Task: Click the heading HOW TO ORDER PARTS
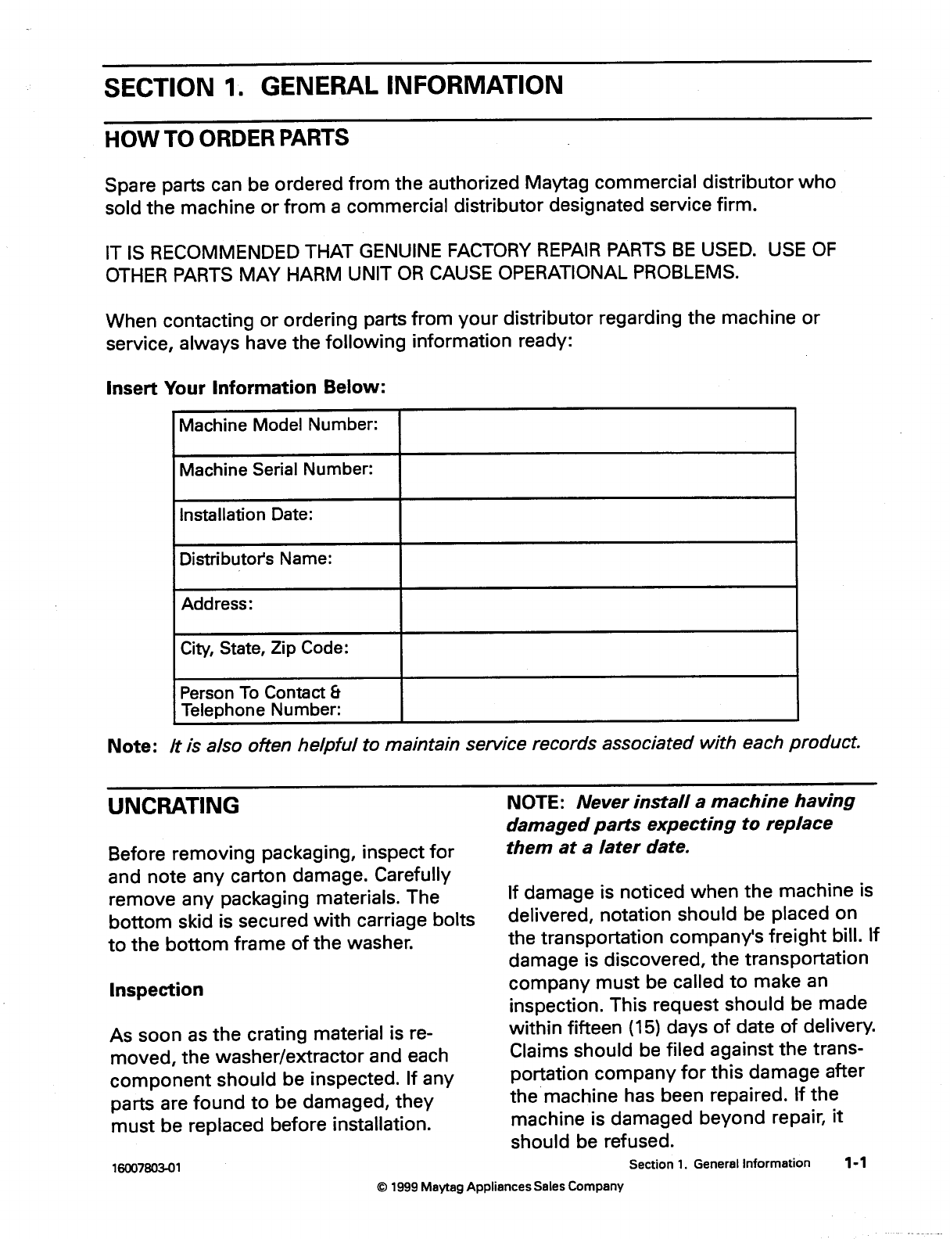(x=227, y=139)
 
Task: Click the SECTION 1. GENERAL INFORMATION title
(x=333, y=85)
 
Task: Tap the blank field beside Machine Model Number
(x=597, y=430)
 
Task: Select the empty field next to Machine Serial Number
(x=597, y=475)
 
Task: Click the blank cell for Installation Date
(x=597, y=520)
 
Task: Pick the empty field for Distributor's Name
(x=597, y=565)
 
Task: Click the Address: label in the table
(x=217, y=604)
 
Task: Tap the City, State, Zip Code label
(x=264, y=648)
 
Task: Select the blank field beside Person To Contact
(x=598, y=699)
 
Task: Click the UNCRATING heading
(x=174, y=806)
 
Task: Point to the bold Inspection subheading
(x=156, y=989)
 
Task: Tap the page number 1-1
(x=855, y=1163)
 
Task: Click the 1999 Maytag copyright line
(x=500, y=1187)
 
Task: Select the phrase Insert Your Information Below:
(x=246, y=388)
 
